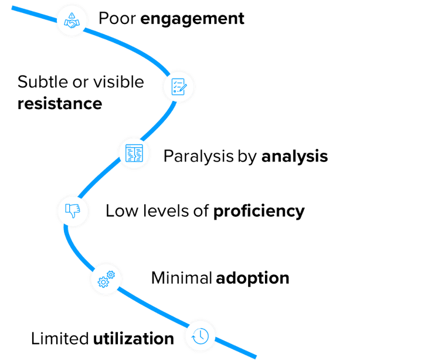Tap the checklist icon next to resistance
(x=179, y=86)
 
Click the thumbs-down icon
(x=72, y=209)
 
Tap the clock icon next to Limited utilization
(x=200, y=335)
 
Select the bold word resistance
(x=59, y=104)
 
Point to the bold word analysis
(x=294, y=157)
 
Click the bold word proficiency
(x=259, y=211)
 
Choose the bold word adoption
(x=252, y=277)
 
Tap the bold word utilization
(x=134, y=338)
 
